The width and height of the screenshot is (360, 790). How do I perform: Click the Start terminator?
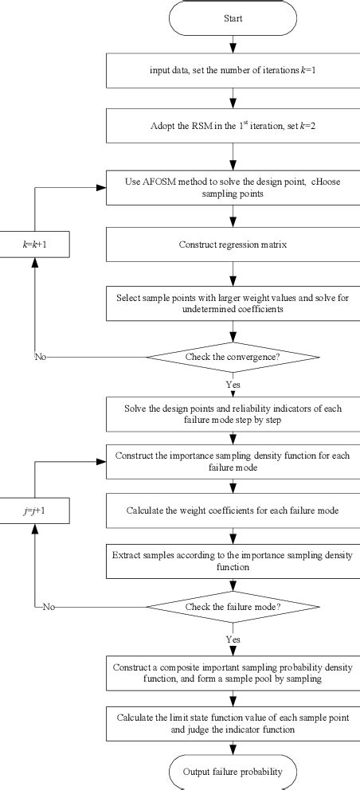[x=233, y=18]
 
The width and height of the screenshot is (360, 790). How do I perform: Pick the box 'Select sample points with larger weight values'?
[x=233, y=302]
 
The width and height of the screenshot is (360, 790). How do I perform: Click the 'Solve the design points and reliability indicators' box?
[x=233, y=413]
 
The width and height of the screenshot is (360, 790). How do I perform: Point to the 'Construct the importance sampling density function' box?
[x=233, y=461]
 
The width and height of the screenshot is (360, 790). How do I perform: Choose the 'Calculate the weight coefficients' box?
[x=233, y=510]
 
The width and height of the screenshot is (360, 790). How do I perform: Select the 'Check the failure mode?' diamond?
[x=233, y=607]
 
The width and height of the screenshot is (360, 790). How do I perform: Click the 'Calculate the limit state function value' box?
[x=233, y=724]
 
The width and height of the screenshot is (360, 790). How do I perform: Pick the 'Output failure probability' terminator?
[x=233, y=772]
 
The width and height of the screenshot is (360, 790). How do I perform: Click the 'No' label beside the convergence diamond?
[x=39, y=357]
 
